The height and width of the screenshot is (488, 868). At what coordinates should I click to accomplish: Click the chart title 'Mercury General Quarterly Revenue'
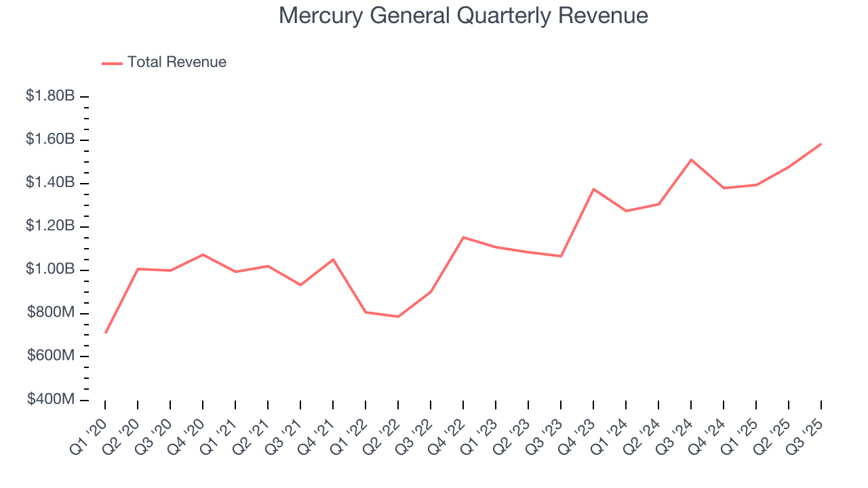coord(463,16)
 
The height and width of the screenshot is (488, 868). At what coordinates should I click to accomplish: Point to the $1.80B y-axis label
coord(50,96)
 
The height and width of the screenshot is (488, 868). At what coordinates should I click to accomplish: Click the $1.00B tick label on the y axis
coord(50,270)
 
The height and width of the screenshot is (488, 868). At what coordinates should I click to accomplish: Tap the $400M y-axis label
coord(51,400)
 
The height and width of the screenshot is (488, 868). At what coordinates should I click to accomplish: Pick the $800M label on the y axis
coord(51,313)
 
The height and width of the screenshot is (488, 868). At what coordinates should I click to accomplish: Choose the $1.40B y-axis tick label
coord(50,183)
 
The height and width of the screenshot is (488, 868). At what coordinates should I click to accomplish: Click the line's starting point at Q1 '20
coord(105,333)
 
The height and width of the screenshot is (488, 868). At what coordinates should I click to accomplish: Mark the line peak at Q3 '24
coord(691,160)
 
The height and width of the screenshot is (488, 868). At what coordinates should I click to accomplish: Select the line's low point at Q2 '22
coord(398,317)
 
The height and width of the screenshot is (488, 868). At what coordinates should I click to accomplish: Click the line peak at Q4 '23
coord(593,189)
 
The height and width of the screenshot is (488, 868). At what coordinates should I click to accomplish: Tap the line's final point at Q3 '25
coord(821,144)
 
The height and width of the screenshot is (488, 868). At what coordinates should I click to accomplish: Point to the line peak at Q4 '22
coord(463,237)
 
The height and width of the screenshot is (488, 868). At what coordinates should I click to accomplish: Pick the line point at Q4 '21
coord(333,260)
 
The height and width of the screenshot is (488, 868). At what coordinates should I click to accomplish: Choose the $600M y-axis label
coord(51,357)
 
